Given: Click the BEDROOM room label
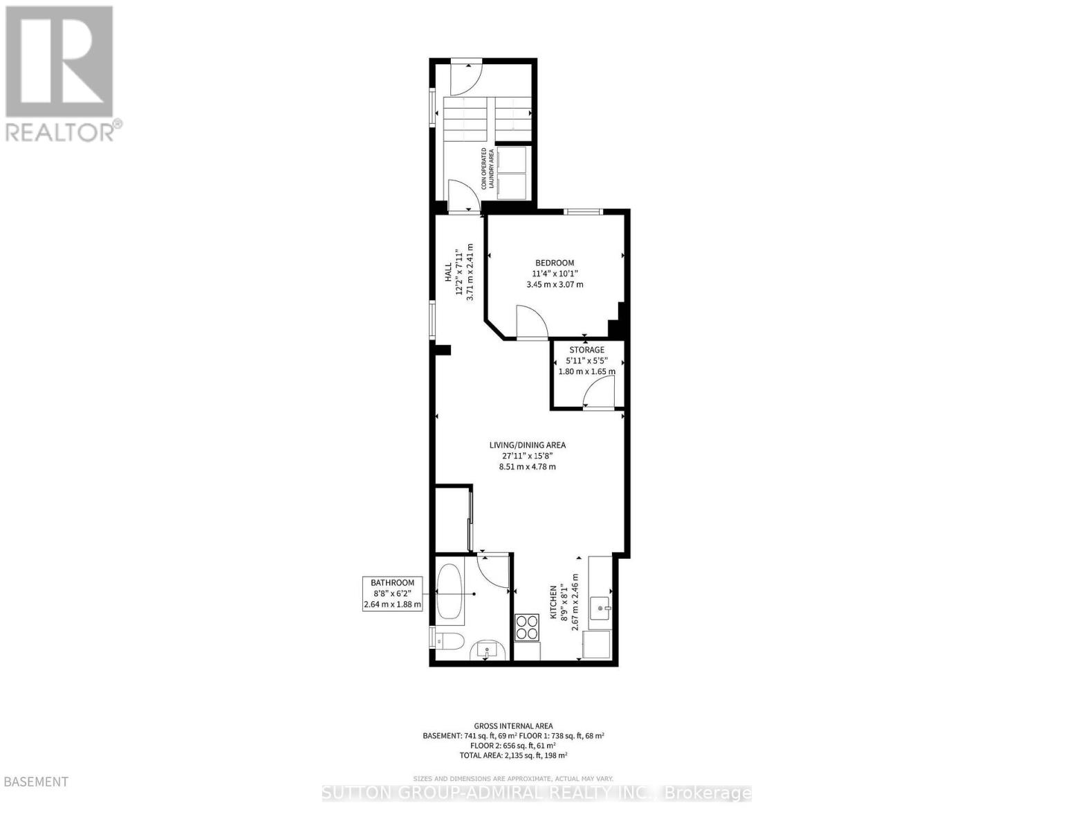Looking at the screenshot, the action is pos(555,263).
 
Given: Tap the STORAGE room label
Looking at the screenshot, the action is pos(586,349).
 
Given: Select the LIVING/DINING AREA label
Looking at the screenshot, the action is pos(528,445).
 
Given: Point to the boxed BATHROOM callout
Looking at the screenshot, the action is pos(392,593).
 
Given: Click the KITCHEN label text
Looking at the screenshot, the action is pos(553,602).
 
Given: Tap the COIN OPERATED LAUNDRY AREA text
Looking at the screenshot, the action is pos(488,169).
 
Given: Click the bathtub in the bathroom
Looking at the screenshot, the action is pos(450,592).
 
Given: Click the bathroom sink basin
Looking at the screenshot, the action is pos(488,649).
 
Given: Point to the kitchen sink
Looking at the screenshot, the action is pos(600,607).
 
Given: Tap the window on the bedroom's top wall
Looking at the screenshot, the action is pos(583,212).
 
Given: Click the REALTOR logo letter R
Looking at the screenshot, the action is pos(59,62).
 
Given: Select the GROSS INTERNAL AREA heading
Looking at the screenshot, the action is pos(513,726).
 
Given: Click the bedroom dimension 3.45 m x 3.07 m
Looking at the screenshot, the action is pos(555,284).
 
